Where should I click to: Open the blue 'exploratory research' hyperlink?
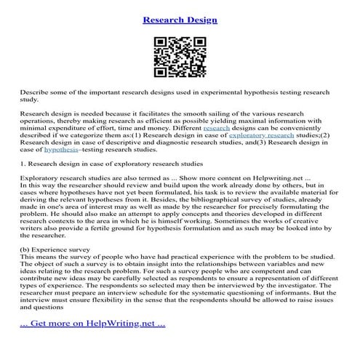pyautogui.click(x=261, y=135)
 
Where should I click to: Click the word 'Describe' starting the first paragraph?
pyautogui.click(x=34, y=93)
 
